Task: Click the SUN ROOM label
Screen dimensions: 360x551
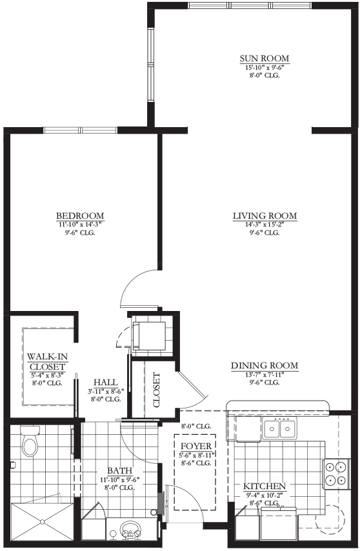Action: tap(265, 58)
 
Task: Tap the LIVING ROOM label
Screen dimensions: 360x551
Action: tap(265, 215)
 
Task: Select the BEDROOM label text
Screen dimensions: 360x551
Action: tap(80, 215)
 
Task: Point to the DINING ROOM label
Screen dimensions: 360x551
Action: tap(265, 366)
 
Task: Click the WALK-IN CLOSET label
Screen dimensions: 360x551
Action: tap(48, 361)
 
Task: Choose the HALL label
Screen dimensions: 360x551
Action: tap(106, 383)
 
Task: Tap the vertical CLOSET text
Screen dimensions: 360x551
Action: tap(157, 390)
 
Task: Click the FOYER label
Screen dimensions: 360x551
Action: tap(196, 446)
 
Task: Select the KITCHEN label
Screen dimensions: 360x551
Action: tap(265, 486)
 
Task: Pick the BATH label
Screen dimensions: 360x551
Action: tap(120, 470)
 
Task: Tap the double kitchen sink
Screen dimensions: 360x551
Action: tap(279, 428)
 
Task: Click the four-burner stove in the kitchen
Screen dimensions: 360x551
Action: tap(336, 474)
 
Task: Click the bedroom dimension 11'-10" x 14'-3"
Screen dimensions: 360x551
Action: tap(80, 225)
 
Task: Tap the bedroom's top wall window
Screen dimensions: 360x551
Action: tap(80, 130)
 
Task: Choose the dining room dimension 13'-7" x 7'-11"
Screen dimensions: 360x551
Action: tap(265, 375)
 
